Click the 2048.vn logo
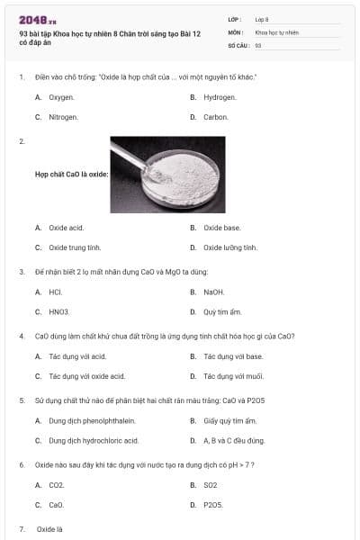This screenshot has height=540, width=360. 38,21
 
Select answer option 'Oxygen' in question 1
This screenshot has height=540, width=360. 61,97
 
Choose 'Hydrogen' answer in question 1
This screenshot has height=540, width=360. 220,97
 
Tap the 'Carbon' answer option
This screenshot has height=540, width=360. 216,117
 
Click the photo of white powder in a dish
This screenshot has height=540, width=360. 167,175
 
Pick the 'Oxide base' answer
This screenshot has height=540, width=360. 222,228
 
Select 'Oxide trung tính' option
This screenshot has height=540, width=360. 75,247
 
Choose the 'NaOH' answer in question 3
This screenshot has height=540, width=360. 214,292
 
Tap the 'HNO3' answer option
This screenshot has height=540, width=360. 58,312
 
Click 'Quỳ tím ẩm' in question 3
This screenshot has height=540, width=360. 222,312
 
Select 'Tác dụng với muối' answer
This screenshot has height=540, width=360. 234,376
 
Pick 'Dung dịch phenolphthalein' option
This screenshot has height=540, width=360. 92,421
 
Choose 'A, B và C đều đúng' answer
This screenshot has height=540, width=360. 234,441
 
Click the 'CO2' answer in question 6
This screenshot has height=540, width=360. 57,485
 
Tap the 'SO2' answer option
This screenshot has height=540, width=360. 211,485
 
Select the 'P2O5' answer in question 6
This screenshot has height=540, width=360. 213,505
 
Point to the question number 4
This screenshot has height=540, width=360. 22,336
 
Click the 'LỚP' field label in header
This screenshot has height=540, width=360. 235,20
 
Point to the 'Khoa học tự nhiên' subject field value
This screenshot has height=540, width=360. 276,32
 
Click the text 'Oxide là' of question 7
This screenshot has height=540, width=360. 49,529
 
